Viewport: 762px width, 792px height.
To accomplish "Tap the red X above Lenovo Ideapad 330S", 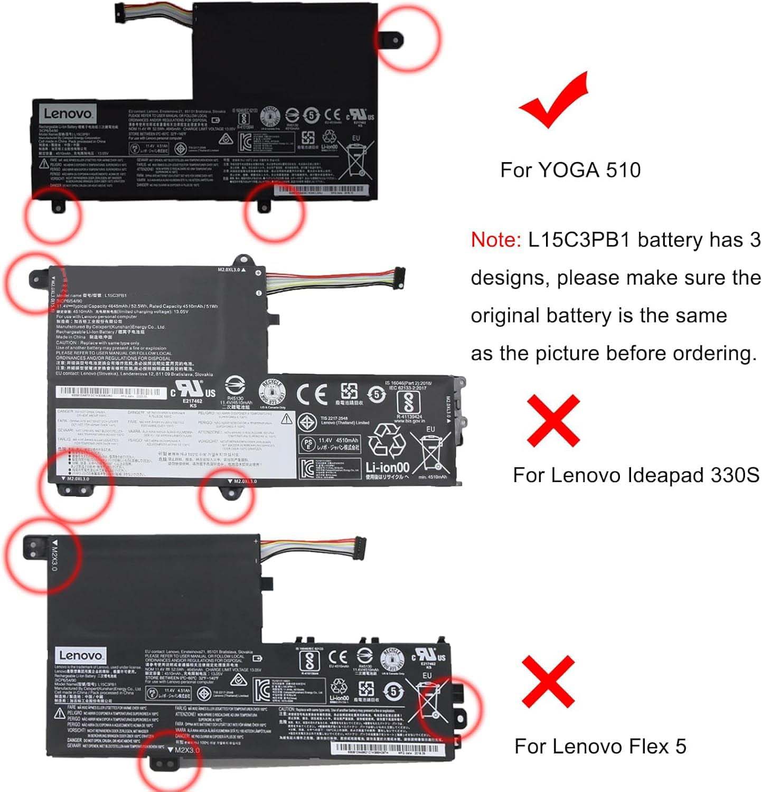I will click(x=553, y=421).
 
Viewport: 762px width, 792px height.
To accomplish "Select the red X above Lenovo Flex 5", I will click(x=548, y=682).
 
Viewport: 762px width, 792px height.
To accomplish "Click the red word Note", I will click(x=495, y=240).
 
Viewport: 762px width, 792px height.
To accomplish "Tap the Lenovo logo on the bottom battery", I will click(x=80, y=655).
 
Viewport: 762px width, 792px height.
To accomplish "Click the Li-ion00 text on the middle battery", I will click(x=387, y=467).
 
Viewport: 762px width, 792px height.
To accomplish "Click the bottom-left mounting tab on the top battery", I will click(x=57, y=206).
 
